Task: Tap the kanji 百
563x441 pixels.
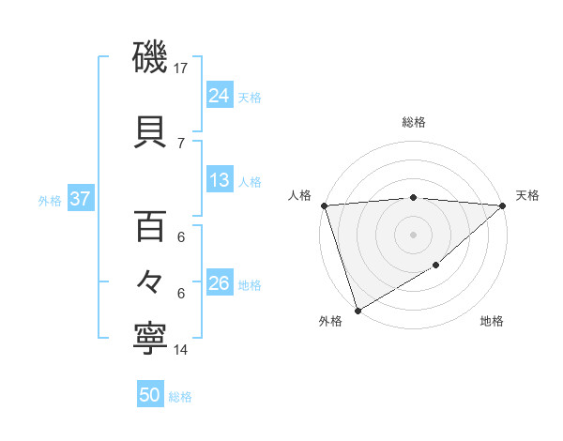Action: (150, 228)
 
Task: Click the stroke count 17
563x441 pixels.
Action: (181, 68)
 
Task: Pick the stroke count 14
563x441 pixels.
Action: (181, 350)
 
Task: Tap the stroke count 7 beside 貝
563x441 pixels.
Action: (181, 143)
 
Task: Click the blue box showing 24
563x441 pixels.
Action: (220, 95)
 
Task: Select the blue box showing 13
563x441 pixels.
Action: (220, 180)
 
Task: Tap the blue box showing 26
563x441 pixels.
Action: (220, 283)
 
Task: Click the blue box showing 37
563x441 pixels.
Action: (80, 199)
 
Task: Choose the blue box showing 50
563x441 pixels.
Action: (150, 395)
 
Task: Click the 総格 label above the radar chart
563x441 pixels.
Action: (414, 122)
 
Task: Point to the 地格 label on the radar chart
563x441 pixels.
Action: (492, 321)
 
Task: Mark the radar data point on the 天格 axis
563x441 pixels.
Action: (503, 205)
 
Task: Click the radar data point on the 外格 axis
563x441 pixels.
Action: (358, 311)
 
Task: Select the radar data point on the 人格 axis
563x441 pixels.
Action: (324, 205)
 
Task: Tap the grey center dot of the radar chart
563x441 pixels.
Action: (414, 234)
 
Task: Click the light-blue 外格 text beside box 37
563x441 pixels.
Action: (50, 200)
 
